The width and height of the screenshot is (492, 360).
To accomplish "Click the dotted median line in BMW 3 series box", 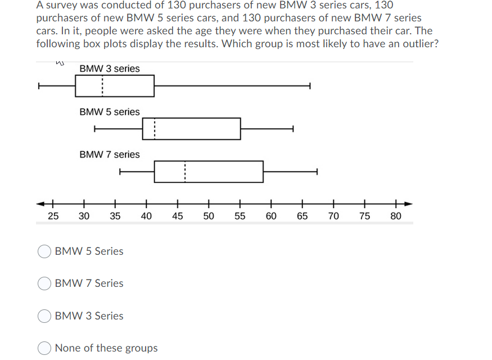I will tap(102, 86).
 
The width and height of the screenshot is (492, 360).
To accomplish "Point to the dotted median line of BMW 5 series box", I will tap(155, 129).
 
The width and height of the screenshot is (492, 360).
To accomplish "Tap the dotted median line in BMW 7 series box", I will tap(184, 172).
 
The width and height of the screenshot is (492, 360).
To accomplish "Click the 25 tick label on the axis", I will tap(53, 216).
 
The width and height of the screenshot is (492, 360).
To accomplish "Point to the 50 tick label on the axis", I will tap(209, 216).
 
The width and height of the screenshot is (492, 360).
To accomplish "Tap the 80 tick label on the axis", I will tap(396, 216).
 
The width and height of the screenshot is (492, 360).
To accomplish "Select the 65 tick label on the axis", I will tap(302, 216).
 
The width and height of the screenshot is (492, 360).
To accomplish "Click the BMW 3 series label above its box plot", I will tap(110, 69).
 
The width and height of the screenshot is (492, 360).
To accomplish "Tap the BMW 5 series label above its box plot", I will tap(110, 112).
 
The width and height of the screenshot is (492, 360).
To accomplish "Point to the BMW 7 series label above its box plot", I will tap(110, 154).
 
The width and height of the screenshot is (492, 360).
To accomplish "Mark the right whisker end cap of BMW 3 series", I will tap(310, 86).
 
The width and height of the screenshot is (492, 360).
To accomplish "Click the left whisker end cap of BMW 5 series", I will tap(95, 129).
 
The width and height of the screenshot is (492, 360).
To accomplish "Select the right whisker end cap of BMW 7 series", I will tap(317, 172).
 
